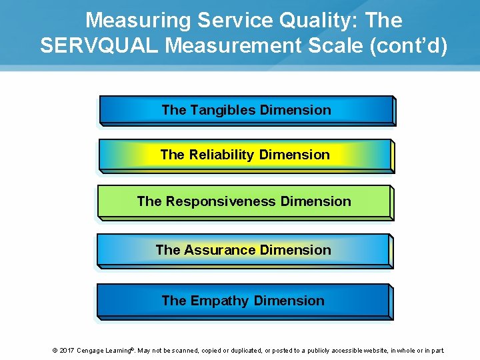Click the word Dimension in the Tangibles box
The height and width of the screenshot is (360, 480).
(x=296, y=110)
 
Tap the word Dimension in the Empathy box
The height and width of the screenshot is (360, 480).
(x=290, y=301)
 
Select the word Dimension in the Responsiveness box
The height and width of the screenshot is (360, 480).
(x=316, y=201)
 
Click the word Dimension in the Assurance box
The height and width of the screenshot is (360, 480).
(x=296, y=250)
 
